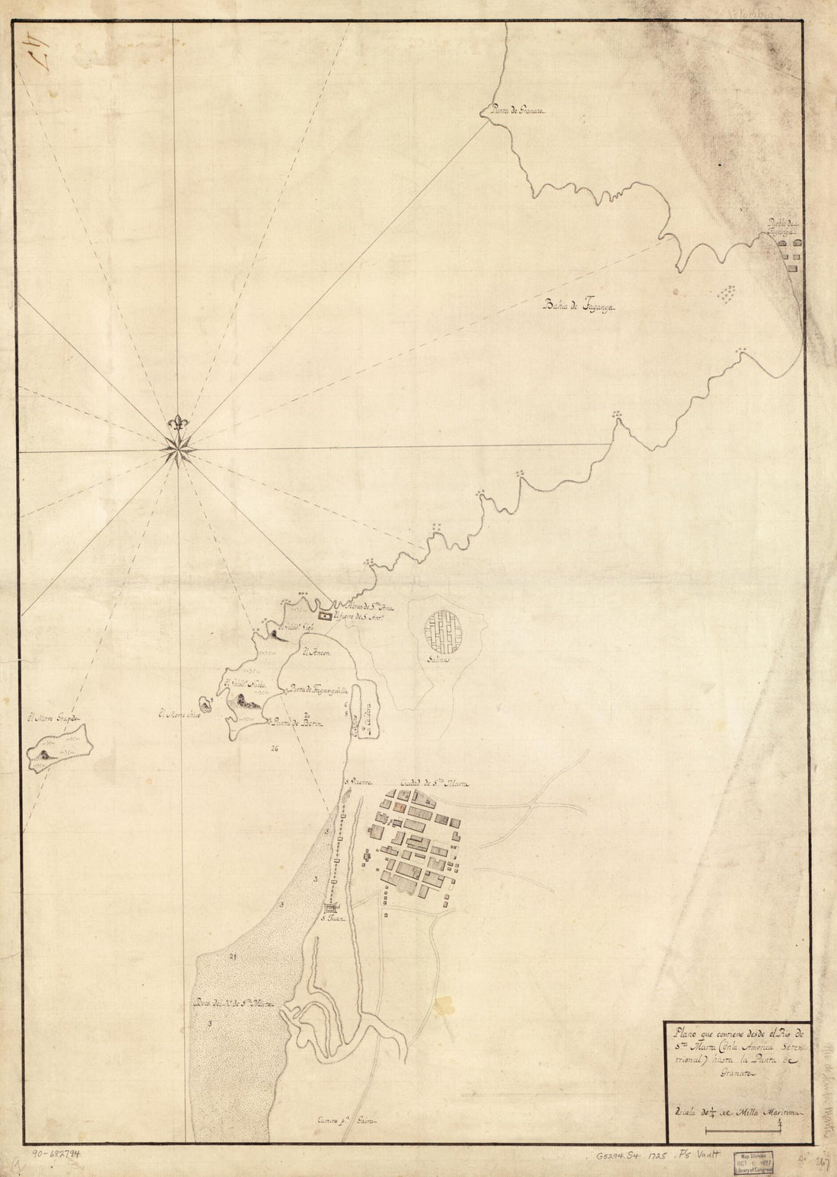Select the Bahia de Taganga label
point(580,306)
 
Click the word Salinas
point(439,661)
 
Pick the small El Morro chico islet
point(205,704)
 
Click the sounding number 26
point(275,749)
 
